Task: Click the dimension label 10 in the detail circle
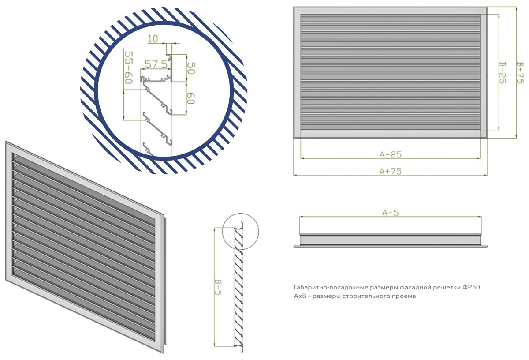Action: (153, 39)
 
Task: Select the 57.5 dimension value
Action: (156, 64)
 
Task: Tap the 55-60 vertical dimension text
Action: (129, 67)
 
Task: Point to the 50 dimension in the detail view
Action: (191, 68)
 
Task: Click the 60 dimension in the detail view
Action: (191, 98)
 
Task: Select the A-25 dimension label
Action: (391, 154)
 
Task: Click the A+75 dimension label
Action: (391, 171)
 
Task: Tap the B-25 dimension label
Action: (503, 72)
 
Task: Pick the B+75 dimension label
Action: (520, 72)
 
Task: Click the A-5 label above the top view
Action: (391, 213)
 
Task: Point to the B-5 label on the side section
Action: (218, 287)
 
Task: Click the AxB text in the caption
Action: (299, 296)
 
